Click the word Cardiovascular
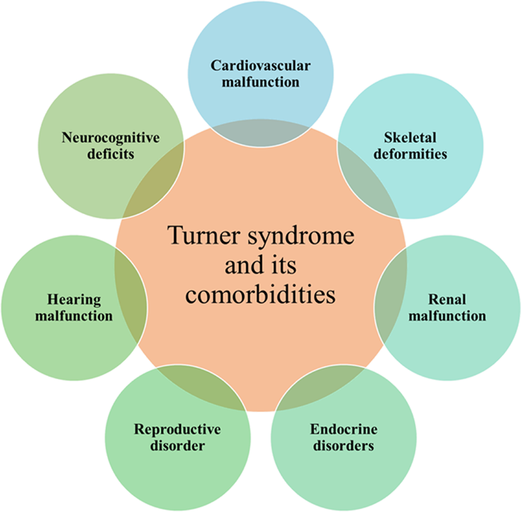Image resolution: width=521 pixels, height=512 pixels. (x=260, y=66)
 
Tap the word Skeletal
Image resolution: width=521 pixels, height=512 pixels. (x=410, y=138)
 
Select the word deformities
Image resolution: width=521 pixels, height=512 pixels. (x=410, y=154)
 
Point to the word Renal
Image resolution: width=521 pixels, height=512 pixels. (x=447, y=299)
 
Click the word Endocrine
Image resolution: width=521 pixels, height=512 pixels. (x=343, y=429)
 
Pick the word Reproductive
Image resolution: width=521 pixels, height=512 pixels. (x=177, y=429)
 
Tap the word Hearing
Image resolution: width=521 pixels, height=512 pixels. (x=74, y=299)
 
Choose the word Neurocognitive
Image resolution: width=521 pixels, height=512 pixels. (x=111, y=138)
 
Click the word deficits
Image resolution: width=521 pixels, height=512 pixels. (x=111, y=154)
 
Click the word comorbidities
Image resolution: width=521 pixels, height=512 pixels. (x=260, y=295)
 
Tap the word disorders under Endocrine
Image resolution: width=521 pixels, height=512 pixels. (x=343, y=446)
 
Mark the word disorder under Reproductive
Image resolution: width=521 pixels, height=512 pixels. (x=177, y=446)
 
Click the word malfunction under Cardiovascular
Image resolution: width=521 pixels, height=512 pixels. (x=260, y=82)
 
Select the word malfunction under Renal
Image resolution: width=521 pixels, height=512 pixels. (x=447, y=315)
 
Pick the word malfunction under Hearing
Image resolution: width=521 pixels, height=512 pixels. (x=74, y=315)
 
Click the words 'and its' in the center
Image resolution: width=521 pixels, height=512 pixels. (x=260, y=265)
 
